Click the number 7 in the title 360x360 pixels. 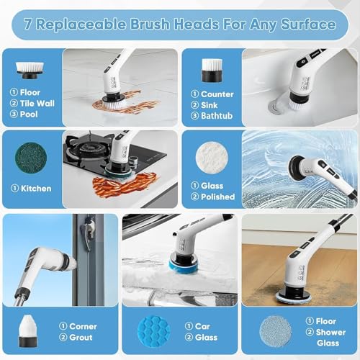pos(29,24)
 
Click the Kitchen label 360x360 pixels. pos(36,189)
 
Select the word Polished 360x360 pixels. pos(217,197)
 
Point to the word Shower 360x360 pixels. pos(322,332)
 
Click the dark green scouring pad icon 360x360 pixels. pos(31,156)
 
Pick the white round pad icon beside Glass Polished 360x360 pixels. pos(211,156)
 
